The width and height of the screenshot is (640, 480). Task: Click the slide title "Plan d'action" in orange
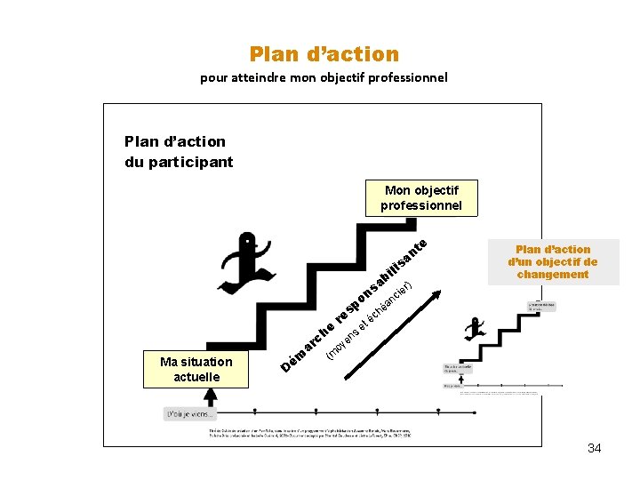point(324,54)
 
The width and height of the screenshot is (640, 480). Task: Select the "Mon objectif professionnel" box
point(421,197)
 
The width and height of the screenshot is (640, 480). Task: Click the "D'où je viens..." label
point(190,413)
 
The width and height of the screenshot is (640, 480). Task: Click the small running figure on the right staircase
point(474,328)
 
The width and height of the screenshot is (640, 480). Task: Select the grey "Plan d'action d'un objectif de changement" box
point(552,261)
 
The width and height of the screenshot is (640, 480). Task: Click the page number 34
point(594,448)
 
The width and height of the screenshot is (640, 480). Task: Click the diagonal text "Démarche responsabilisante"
point(356,303)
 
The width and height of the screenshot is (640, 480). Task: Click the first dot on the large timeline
point(254,411)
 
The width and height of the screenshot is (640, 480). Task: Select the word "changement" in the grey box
point(552,274)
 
